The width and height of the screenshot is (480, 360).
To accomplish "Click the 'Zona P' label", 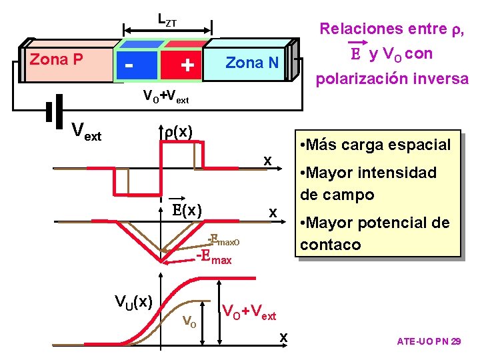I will click(x=57, y=60).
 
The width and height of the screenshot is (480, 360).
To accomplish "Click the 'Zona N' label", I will click(x=251, y=63).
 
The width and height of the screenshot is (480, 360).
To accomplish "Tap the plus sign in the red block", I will click(x=188, y=65).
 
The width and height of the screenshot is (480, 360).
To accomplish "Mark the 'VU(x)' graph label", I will click(x=134, y=301).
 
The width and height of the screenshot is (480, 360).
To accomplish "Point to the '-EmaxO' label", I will click(x=223, y=238).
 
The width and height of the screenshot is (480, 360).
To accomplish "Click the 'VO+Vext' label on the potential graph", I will click(x=249, y=311).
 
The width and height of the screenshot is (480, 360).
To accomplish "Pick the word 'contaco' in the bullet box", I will click(x=331, y=244).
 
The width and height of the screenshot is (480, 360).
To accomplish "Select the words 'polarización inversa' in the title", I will click(x=392, y=79).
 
